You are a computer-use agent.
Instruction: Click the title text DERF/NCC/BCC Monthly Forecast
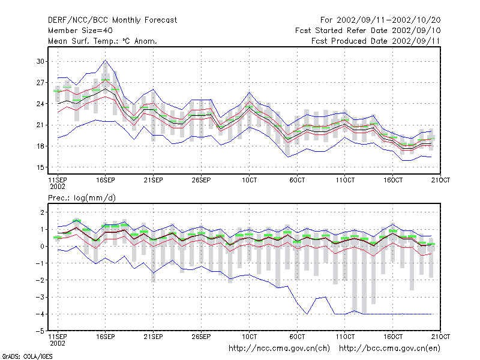coord(112,20)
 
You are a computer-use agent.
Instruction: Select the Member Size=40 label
coord(80,31)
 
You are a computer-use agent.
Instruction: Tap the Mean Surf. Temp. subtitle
coord(103,41)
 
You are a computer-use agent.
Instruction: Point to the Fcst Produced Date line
coord(376,41)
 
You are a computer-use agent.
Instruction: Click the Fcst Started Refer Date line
coord(368,31)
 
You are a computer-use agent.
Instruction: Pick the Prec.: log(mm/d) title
coord(82,198)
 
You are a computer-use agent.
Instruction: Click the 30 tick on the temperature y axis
coord(40,61)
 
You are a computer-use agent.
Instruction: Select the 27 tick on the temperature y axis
coord(40,83)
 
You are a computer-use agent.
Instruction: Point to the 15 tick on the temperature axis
coord(40,167)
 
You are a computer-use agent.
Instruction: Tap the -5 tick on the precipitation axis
coord(40,331)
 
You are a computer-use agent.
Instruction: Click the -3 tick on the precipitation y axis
coord(40,297)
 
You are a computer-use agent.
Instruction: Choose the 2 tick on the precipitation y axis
coord(42,212)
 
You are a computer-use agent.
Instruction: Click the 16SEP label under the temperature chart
coord(106,180)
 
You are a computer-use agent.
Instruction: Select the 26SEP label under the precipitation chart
coord(201,337)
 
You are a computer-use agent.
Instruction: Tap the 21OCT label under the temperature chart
coord(440,180)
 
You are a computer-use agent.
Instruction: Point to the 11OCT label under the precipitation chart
coord(345,337)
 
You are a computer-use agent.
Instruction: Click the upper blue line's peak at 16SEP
coord(106,61)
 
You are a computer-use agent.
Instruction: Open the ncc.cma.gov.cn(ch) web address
coord(279,349)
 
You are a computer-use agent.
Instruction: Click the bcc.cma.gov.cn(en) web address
coord(389,349)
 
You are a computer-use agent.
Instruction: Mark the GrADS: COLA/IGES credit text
coord(27,356)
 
